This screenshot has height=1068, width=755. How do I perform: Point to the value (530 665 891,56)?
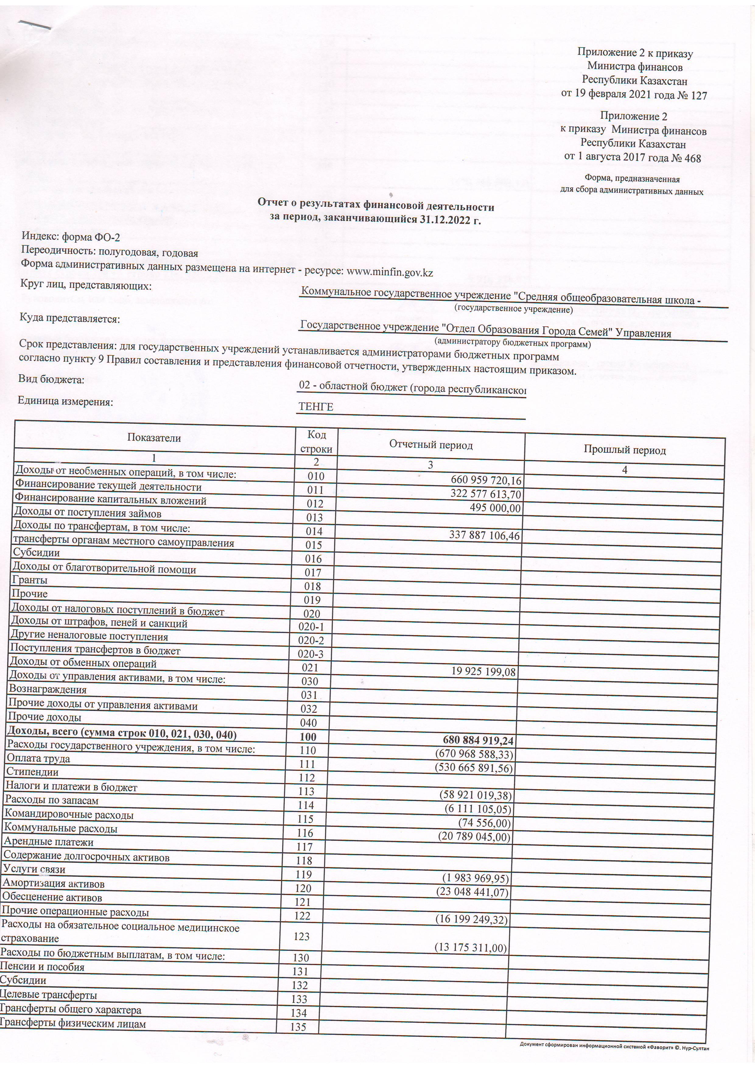coord(474,768)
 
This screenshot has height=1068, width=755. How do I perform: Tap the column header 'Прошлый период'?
coord(624,450)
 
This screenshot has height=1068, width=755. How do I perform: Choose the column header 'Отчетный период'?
coord(431,445)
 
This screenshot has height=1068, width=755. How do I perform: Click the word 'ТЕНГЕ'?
coord(316,407)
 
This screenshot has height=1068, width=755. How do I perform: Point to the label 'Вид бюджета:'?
coord(51,380)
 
